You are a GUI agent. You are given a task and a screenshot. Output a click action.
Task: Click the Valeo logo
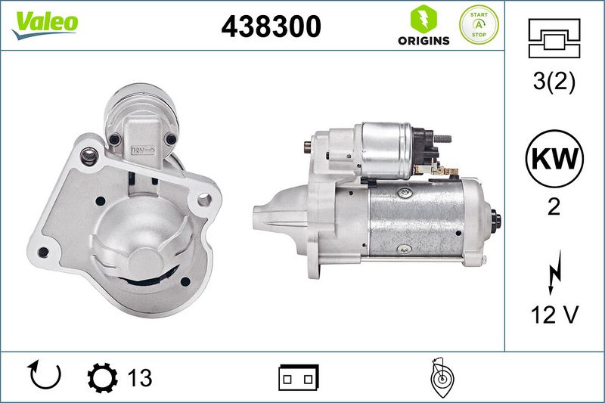pos(45,25)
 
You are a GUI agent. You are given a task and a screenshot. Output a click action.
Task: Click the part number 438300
pos(271,26)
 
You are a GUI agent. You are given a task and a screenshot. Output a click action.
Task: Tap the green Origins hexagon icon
pos(423,19)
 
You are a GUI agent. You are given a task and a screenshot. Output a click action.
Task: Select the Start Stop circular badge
pos(479,25)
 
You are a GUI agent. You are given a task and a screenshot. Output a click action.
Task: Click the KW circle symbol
pos(554,159)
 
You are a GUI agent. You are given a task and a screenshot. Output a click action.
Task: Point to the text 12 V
pos(554,315)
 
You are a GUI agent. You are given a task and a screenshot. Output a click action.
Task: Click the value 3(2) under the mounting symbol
pos(554,81)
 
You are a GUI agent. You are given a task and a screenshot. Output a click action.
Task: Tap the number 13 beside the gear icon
pos(140,378)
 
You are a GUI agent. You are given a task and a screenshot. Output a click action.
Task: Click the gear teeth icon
pos(102,378)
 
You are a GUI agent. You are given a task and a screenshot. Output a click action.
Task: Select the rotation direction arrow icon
pos(45,375)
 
